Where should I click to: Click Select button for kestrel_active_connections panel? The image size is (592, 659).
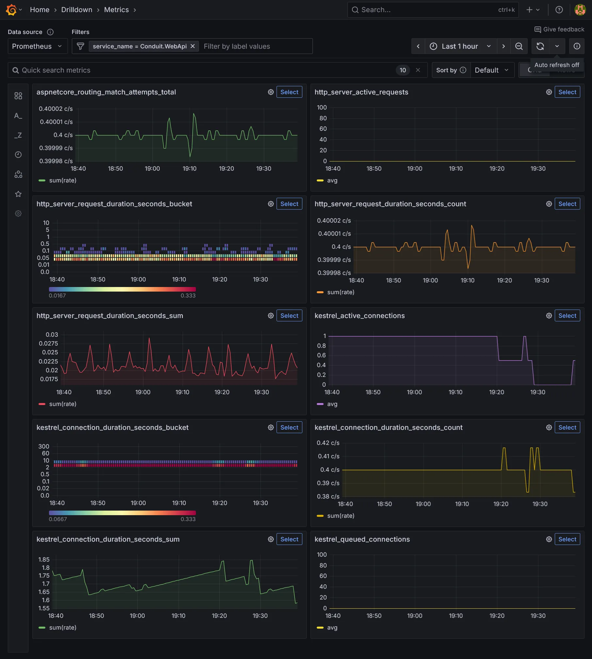pyautogui.click(x=567, y=315)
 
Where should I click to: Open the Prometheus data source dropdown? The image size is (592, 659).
pyautogui.click(x=37, y=46)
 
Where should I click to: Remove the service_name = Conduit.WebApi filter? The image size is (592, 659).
pyautogui.click(x=193, y=46)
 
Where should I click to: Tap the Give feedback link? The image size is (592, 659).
pyautogui.click(x=559, y=29)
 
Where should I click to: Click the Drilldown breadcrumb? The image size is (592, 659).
pyautogui.click(x=77, y=10)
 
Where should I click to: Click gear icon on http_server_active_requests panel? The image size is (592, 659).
pyautogui.click(x=549, y=92)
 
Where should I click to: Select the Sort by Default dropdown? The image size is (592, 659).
pyautogui.click(x=491, y=70)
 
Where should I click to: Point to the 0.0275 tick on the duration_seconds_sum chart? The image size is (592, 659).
pyautogui.click(x=48, y=343)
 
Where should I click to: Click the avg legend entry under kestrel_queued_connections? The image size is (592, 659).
pyautogui.click(x=332, y=627)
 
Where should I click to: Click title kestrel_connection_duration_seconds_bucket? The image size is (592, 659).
pyautogui.click(x=112, y=427)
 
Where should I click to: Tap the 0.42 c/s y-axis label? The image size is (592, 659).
pyautogui.click(x=328, y=443)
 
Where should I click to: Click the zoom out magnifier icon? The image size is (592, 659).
pyautogui.click(x=519, y=46)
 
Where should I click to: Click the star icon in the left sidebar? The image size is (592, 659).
pyautogui.click(x=18, y=194)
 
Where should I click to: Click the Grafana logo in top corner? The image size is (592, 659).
pyautogui.click(x=11, y=10)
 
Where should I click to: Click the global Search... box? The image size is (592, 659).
pyautogui.click(x=428, y=10)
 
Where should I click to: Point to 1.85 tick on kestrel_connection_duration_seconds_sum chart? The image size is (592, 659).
pyautogui.click(x=44, y=559)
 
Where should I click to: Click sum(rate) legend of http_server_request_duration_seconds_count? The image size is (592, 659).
pyautogui.click(x=340, y=292)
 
